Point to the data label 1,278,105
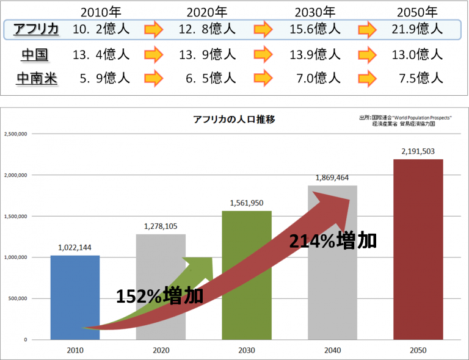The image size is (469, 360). pyautogui.click(x=161, y=226)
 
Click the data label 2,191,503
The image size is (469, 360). pyautogui.click(x=418, y=151)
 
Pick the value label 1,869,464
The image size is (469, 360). pyautogui.click(x=332, y=178)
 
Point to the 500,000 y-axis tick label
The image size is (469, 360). pyautogui.click(x=23, y=298)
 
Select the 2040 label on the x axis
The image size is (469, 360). pyautogui.click(x=332, y=350)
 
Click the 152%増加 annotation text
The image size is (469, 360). pyautogui.click(x=160, y=296)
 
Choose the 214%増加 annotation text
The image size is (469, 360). pyautogui.click(x=332, y=241)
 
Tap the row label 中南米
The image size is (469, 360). pyautogui.click(x=37, y=78)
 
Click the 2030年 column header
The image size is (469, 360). pyautogui.click(x=314, y=12)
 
